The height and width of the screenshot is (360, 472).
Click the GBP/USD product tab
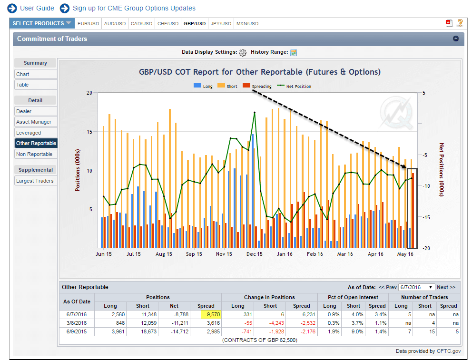pyautogui.click(x=194, y=23)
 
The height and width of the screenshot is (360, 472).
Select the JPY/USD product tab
pyautogui.click(x=221, y=23)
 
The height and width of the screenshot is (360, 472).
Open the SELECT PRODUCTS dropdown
pyautogui.click(x=42, y=23)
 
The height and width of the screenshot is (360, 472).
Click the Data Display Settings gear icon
pyautogui.click(x=243, y=52)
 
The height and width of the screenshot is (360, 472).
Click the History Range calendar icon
pyautogui.click(x=294, y=52)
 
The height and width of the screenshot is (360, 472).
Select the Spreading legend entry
pyautogui.click(x=257, y=87)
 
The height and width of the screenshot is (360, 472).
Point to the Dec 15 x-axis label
pyautogui.click(x=254, y=254)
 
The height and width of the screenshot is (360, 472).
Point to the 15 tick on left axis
pyautogui.click(x=89, y=132)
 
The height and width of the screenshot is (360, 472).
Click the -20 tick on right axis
pyautogui.click(x=425, y=248)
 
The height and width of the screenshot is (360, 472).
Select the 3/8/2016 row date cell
pyautogui.click(x=77, y=323)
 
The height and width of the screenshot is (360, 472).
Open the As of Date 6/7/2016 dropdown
pyautogui.click(x=416, y=287)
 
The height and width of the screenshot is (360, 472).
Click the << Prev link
pyautogui.click(x=387, y=287)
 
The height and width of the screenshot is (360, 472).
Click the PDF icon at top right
pyautogui.click(x=449, y=23)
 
